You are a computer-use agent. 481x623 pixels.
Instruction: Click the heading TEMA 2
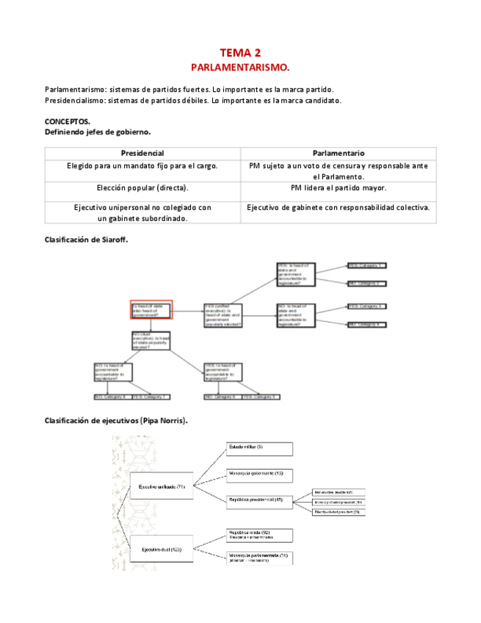(240, 53)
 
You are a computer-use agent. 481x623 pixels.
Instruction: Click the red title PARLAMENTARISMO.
(240, 68)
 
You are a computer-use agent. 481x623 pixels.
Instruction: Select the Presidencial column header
(142, 153)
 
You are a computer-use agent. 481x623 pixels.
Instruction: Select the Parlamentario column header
(338, 153)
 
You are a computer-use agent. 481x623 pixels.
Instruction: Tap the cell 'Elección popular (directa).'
(142, 188)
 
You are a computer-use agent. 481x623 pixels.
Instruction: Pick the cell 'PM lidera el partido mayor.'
(338, 188)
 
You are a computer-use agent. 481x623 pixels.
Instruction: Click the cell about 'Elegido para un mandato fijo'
(142, 166)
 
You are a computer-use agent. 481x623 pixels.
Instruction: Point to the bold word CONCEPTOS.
(68, 121)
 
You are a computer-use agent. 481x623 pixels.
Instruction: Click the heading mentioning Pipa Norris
(116, 421)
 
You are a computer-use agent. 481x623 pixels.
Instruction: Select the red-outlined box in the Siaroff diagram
(151, 310)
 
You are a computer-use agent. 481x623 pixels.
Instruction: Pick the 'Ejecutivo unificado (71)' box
(162, 486)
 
